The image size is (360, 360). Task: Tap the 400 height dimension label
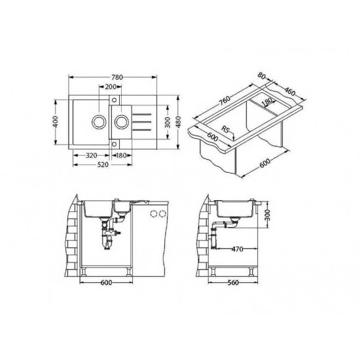(x=57, y=121)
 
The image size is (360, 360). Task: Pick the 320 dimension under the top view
(x=92, y=156)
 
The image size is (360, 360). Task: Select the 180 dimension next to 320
(x=122, y=156)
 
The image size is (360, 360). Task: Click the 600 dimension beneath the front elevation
(x=108, y=283)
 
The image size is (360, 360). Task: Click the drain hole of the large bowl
(x=98, y=121)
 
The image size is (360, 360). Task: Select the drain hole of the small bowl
(x=120, y=121)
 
